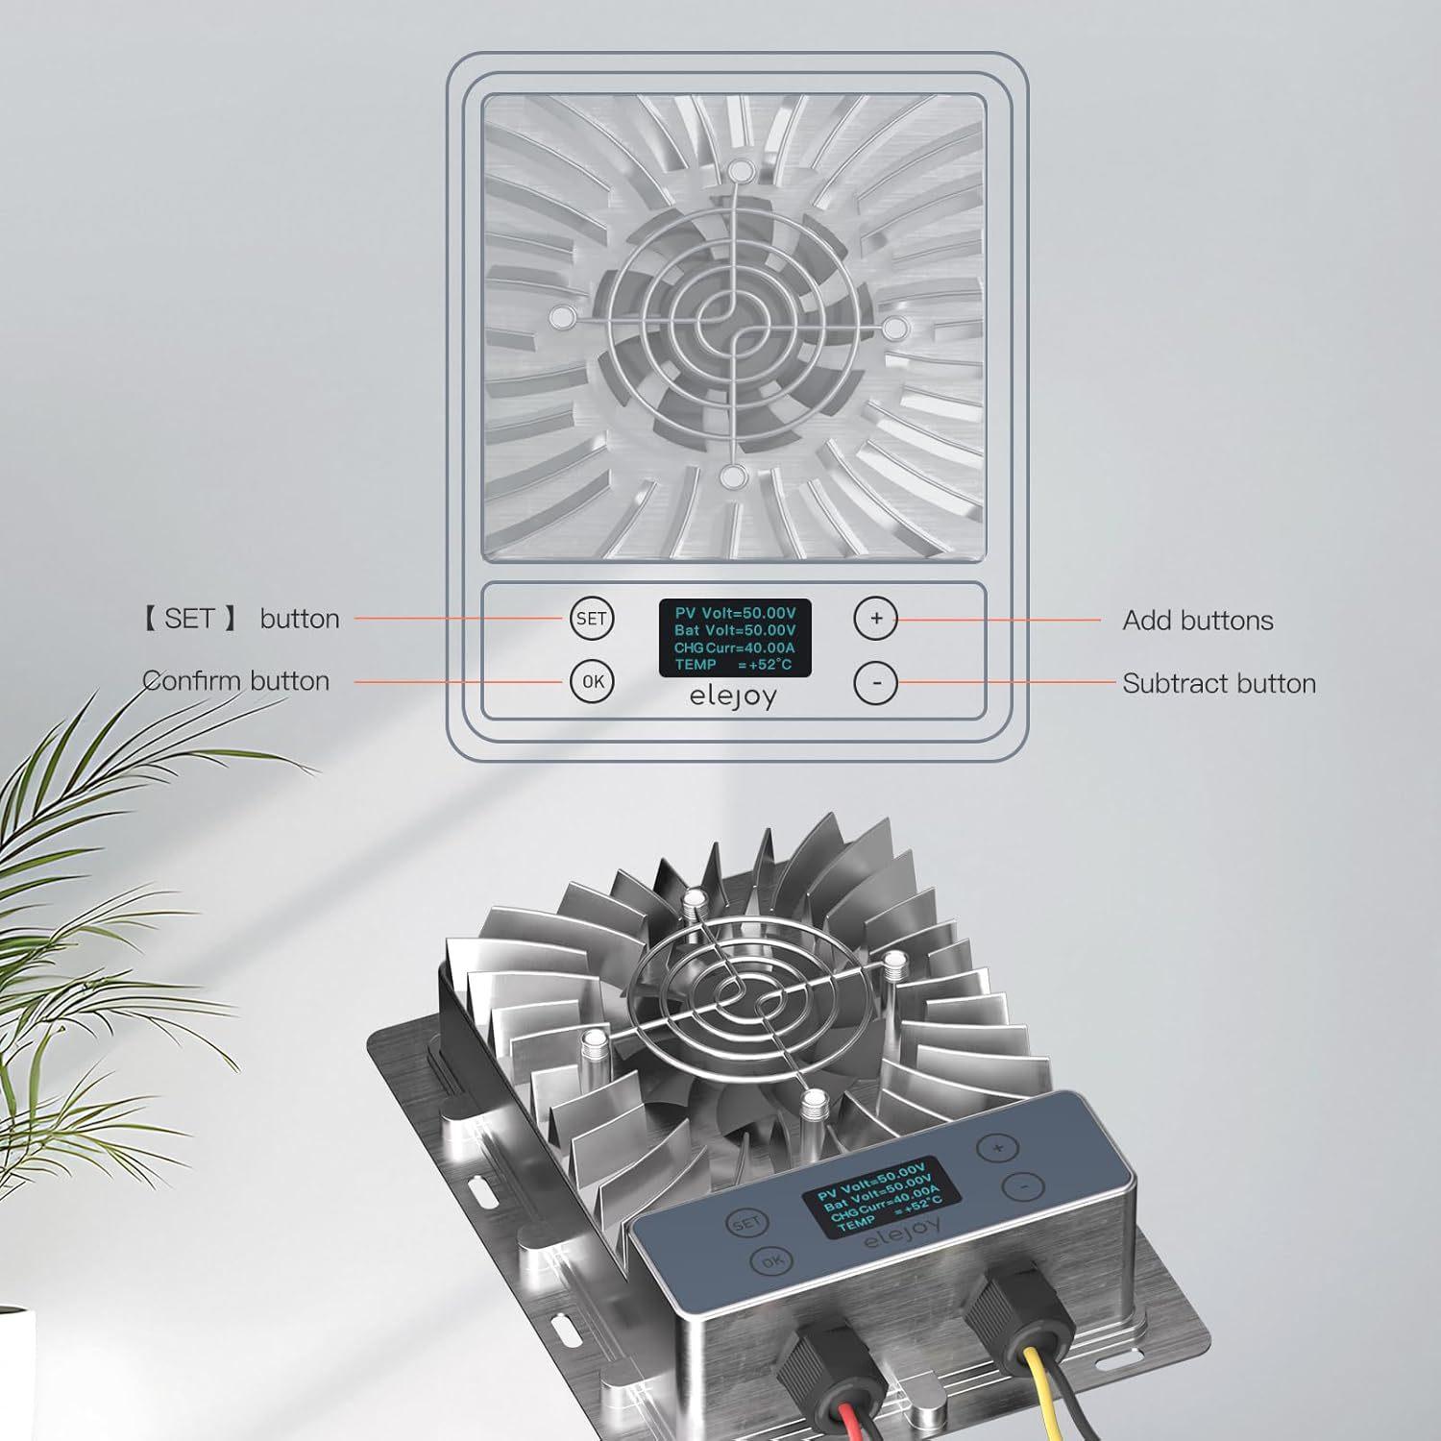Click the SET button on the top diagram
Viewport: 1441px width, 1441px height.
coord(591,619)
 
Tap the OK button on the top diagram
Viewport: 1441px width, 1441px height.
coord(592,681)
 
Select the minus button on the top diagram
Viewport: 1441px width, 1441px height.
coord(875,683)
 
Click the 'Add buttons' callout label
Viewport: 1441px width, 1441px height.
coord(1197,621)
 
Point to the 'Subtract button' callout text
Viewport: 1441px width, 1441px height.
coord(1218,684)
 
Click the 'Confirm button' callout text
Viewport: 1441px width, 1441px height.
coord(236,681)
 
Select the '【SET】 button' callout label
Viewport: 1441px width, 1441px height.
coord(241,619)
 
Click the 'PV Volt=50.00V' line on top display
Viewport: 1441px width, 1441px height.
coord(735,613)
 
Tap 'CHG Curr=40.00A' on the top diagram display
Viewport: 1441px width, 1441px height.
coord(734,647)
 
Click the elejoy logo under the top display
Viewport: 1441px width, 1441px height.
coord(733,696)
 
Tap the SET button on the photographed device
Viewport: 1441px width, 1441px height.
coord(745,1223)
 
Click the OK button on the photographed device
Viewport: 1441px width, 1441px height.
coord(771,1261)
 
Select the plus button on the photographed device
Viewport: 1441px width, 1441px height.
coord(997,1148)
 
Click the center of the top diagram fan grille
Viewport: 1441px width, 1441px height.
coord(734,325)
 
